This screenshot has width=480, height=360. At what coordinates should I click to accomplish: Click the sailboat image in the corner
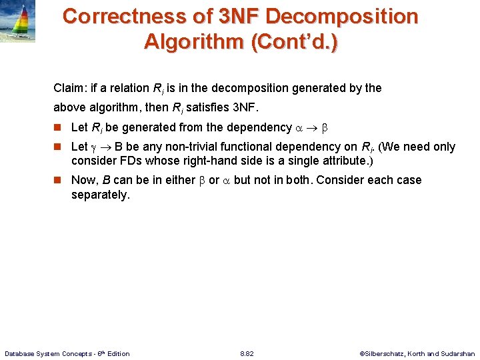(18, 21)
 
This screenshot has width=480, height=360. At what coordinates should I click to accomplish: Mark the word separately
(100, 195)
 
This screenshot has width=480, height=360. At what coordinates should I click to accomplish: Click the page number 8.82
(246, 353)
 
